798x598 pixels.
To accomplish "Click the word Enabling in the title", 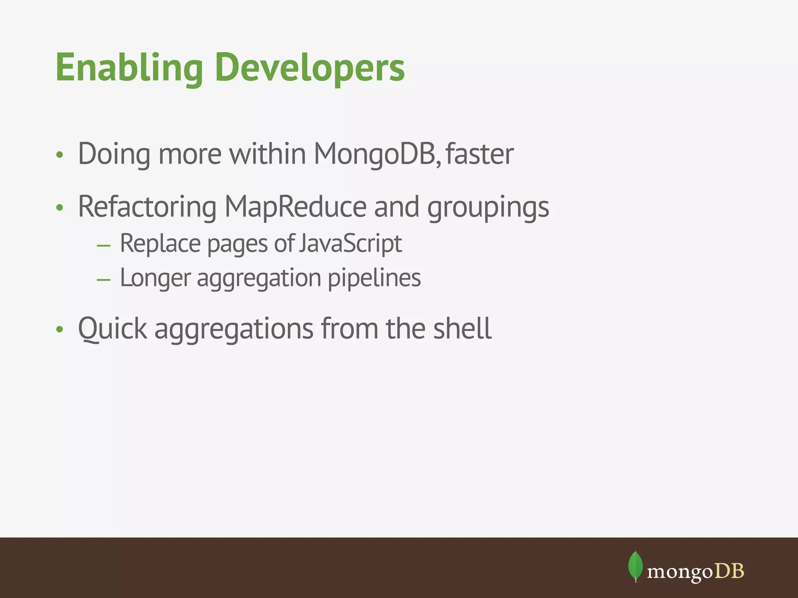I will [129, 68].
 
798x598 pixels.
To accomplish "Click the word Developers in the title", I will [310, 68].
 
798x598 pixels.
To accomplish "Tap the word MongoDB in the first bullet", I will [377, 154].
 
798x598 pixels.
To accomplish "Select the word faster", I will [479, 154].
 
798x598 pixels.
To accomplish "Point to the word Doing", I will [114, 154].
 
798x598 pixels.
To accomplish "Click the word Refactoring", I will [147, 207].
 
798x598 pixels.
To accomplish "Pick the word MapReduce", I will [295, 207].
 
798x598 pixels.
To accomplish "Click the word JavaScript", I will [351, 244].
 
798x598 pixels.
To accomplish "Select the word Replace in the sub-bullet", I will [161, 244].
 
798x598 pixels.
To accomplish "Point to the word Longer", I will [155, 278].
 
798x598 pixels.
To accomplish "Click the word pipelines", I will [374, 278].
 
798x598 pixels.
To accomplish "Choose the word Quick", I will [113, 329].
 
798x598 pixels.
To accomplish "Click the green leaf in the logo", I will [635, 566].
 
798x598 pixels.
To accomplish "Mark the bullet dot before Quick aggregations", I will [59, 330].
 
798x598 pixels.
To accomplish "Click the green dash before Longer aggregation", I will [104, 280].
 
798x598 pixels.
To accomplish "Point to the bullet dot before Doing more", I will [59, 155].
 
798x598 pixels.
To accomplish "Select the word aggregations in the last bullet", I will [234, 329].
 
